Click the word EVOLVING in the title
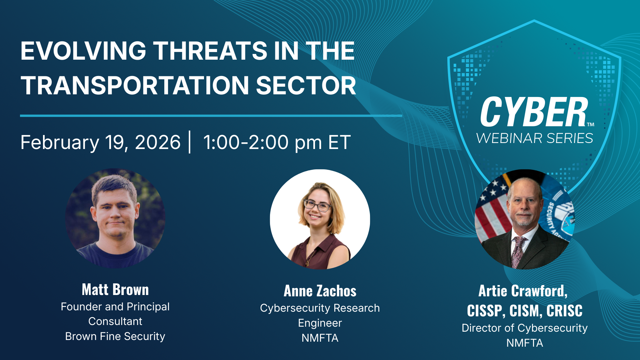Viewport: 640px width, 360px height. pos(84,51)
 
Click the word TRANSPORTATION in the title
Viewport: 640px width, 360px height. pos(135,85)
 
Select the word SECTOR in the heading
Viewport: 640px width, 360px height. pos(306,85)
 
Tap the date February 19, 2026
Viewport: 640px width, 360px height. pos(100,143)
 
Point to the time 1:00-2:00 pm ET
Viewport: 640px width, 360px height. pos(277,143)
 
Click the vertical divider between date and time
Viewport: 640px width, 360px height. pos(190,142)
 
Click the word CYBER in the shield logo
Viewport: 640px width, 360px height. pos(534,112)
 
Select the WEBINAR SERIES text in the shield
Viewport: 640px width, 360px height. pos(535,138)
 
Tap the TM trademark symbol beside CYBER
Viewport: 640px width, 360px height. pos(591,125)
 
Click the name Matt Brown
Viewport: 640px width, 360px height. pos(115,290)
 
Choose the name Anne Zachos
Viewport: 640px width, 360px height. pos(320,291)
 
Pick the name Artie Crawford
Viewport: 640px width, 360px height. pos(523,291)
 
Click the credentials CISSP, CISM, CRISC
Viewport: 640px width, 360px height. pos(525,311)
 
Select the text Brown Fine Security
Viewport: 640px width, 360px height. pos(115,336)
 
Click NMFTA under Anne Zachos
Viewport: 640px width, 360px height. pos(320,338)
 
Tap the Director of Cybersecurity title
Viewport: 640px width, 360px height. pos(525,328)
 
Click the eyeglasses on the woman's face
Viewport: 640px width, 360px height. pos(317,205)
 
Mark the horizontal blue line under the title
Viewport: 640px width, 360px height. pos(211,116)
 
